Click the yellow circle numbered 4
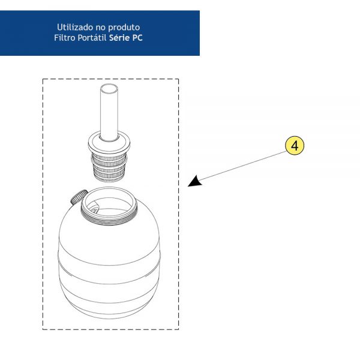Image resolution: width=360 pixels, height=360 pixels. click(x=295, y=146)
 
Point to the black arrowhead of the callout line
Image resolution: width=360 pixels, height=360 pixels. click(x=194, y=181)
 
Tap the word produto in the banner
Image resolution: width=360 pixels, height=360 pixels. click(x=124, y=28)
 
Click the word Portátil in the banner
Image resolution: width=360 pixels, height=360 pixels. click(x=92, y=38)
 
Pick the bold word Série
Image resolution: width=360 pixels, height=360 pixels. click(x=119, y=38)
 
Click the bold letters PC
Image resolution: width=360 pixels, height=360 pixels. click(x=137, y=38)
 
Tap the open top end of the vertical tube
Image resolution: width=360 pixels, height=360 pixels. click(x=109, y=88)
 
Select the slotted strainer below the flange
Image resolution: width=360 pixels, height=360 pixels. click(x=109, y=167)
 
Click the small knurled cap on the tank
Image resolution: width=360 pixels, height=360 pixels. click(x=79, y=197)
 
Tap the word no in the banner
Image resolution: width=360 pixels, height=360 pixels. click(x=100, y=28)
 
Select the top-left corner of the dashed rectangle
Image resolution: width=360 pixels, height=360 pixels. click(x=43, y=79)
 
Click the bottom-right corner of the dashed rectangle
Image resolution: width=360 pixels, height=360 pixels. click(x=179, y=329)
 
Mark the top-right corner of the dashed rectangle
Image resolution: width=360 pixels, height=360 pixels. click(x=179, y=79)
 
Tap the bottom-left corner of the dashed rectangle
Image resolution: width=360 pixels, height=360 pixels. click(x=43, y=329)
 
